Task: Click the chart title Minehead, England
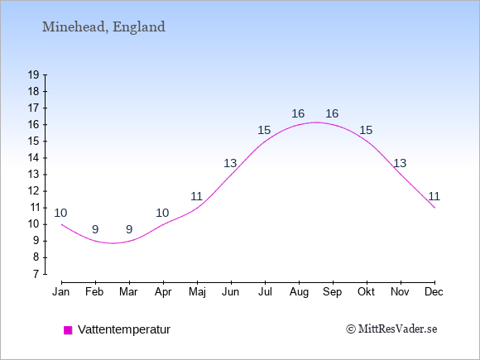pos(103,27)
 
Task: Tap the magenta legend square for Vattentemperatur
pos(68,330)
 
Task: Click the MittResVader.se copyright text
pos(391,329)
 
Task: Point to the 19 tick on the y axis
pos(33,74)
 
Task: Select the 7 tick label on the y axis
pos(36,274)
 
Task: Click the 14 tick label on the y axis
pos(33,158)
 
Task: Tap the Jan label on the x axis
pos(61,292)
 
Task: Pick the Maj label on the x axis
pos(197,292)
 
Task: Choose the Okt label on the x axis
pos(366,292)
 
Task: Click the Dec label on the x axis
pos(434,292)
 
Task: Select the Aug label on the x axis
pos(299,292)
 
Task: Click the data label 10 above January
pos(60,213)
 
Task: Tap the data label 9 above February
pos(95,229)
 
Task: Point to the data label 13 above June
pos(230,164)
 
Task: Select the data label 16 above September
pos(332,114)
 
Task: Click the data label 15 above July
pos(264,131)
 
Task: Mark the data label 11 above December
pos(434,196)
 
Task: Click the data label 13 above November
pos(400,164)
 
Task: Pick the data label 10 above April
pos(162,213)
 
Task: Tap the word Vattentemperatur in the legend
pos(124,329)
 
